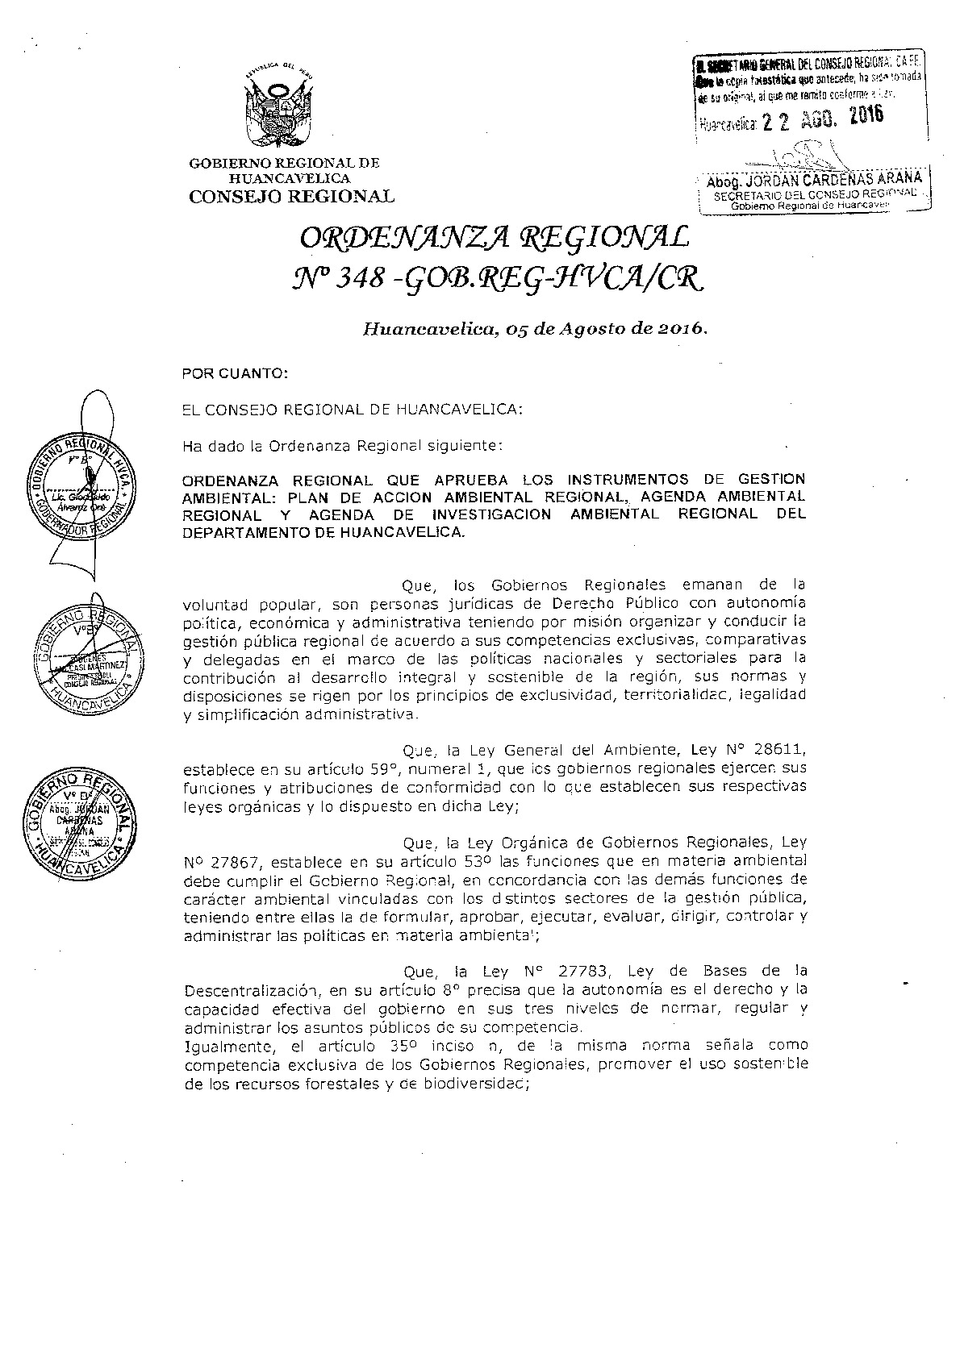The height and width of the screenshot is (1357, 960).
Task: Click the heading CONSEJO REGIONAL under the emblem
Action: (x=291, y=196)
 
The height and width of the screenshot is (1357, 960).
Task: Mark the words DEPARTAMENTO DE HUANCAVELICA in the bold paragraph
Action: (x=323, y=533)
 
